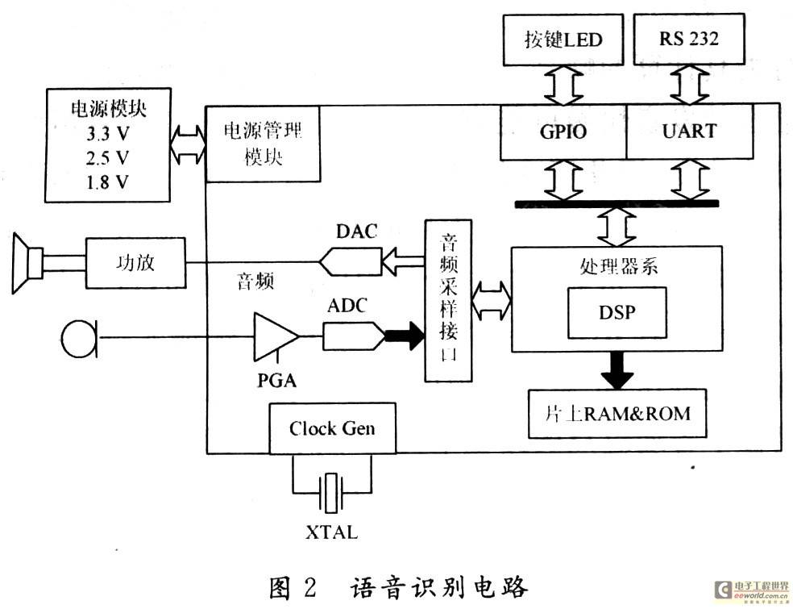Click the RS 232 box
(689, 39)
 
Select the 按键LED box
(563, 40)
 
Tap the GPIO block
(563, 132)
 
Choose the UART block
(690, 131)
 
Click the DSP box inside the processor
(617, 313)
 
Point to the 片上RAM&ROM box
(617, 414)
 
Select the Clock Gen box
(332, 428)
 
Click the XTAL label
(332, 532)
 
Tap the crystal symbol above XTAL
(332, 493)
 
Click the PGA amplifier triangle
(275, 336)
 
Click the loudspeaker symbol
(28, 263)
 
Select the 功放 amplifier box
(135, 263)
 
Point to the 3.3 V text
(107, 134)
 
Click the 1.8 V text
(107, 182)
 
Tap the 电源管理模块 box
(263, 144)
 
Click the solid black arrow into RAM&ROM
(617, 370)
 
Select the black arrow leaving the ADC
(405, 336)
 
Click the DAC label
(356, 232)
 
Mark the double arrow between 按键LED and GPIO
(563, 85)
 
